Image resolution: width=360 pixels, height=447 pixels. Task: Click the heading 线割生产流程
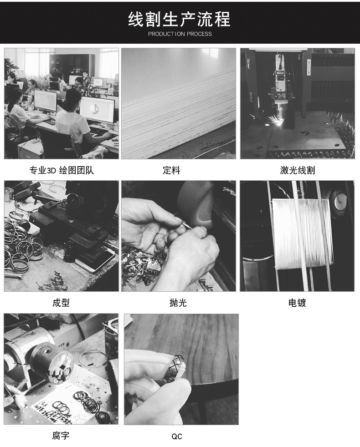click(x=180, y=20)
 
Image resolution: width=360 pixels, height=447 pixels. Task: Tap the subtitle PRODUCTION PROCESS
click(x=180, y=34)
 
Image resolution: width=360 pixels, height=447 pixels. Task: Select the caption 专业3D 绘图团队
click(x=62, y=171)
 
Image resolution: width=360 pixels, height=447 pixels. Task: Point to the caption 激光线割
click(x=297, y=171)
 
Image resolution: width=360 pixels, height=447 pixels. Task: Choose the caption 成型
click(x=61, y=303)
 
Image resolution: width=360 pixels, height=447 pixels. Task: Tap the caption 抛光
click(x=178, y=303)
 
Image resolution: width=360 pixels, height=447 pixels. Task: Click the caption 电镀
click(x=297, y=303)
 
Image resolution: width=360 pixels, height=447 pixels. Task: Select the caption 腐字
click(x=61, y=436)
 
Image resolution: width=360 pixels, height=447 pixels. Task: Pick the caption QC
click(x=177, y=437)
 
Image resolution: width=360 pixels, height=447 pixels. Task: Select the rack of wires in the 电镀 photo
click(x=301, y=232)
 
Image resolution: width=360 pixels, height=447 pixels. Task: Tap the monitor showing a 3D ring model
click(x=96, y=110)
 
